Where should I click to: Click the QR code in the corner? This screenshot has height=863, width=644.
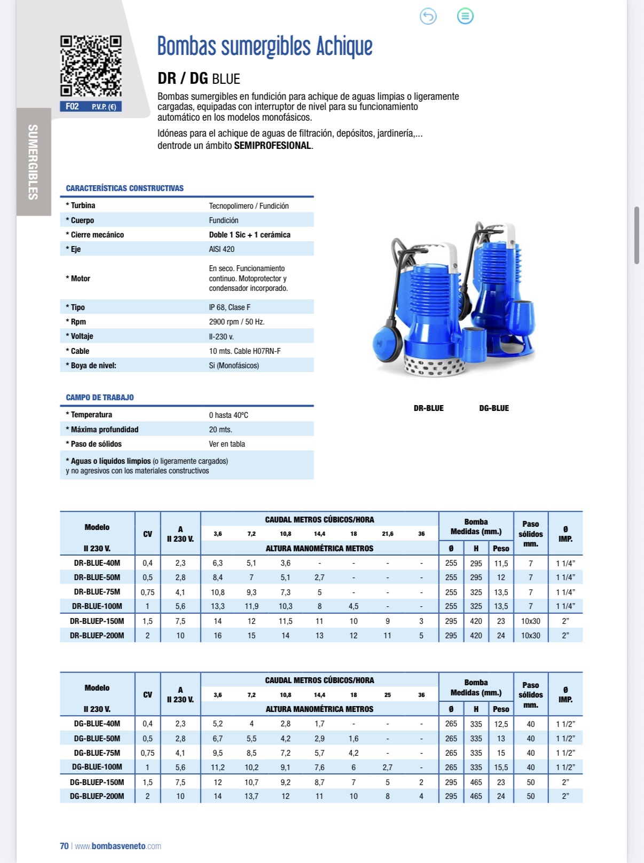point(91,66)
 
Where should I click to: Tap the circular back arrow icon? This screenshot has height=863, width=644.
point(428,17)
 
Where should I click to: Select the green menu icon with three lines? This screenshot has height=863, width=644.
point(465,17)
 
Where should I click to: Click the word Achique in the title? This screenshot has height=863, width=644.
point(344,46)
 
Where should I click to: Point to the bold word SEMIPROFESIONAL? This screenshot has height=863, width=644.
point(273,146)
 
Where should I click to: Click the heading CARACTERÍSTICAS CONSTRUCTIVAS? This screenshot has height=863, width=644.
point(124,188)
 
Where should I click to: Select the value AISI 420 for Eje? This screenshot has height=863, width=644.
point(222,249)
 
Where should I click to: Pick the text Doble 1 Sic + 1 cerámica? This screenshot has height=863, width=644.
point(249,235)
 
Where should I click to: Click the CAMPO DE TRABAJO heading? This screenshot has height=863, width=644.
point(100,398)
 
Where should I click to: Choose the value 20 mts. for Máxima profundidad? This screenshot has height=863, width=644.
point(220,430)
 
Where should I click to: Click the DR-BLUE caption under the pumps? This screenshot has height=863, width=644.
point(428,408)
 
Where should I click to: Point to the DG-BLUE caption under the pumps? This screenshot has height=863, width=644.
point(494,408)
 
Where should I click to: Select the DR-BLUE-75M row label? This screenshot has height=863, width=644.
point(97,592)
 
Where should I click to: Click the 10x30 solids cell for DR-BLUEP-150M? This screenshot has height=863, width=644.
point(530,621)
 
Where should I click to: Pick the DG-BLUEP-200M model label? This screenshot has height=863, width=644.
point(97,796)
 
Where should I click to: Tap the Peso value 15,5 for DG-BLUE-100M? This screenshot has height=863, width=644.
point(501,767)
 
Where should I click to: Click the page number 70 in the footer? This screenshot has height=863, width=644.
point(64,846)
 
